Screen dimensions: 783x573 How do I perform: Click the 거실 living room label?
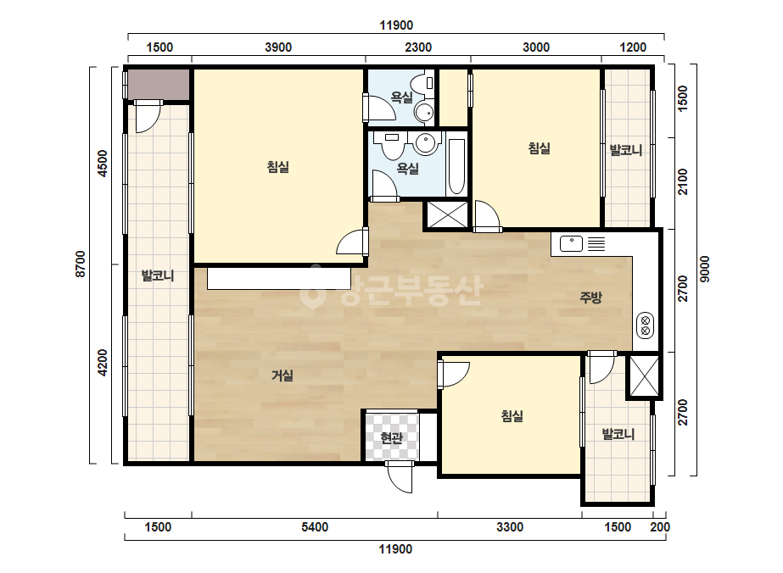pyautogui.click(x=282, y=376)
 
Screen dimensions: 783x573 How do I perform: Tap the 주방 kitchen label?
pyautogui.click(x=590, y=298)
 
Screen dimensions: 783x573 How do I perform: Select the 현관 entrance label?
pyautogui.click(x=392, y=438)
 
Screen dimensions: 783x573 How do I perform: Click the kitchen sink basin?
pyautogui.click(x=571, y=243)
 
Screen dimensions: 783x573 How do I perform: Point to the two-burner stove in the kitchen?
pyautogui.click(x=646, y=325)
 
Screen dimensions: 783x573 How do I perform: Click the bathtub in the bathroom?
pyautogui.click(x=456, y=166)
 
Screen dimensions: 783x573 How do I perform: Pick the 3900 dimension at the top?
pyautogui.click(x=278, y=47)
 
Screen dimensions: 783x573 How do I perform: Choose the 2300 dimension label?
pyautogui.click(x=418, y=47)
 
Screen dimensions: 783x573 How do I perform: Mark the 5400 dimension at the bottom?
pyautogui.click(x=315, y=527)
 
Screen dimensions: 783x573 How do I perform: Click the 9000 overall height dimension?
pyautogui.click(x=704, y=269)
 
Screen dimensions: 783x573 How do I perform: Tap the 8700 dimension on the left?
pyautogui.click(x=81, y=264)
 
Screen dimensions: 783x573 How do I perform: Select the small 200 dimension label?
pyautogui.click(x=660, y=527)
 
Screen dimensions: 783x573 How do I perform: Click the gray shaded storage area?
pyautogui.click(x=159, y=85)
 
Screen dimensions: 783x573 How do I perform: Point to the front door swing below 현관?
pyautogui.click(x=400, y=477)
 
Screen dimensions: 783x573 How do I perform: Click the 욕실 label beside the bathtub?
pyautogui.click(x=407, y=169)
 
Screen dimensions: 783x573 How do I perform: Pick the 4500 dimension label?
pyautogui.click(x=103, y=164)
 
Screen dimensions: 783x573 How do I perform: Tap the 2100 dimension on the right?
pyautogui.click(x=682, y=182)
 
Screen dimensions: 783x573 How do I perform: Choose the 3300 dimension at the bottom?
pyautogui.click(x=510, y=527)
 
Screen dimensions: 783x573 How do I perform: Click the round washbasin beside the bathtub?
pyautogui.click(x=426, y=144)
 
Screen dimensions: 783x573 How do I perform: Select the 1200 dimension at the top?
pyautogui.click(x=633, y=47)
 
